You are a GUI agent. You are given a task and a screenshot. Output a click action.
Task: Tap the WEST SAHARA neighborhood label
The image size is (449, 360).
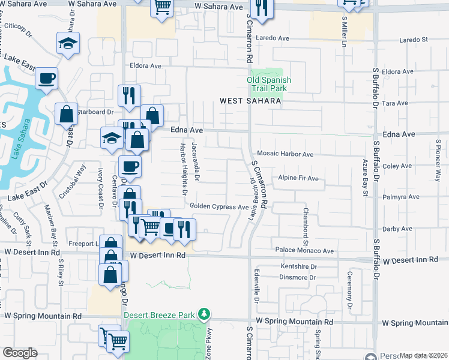point(250,101)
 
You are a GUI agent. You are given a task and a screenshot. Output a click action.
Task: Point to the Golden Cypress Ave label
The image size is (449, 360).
point(219,207)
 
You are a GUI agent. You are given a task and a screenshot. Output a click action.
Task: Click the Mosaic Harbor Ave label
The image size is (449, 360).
point(285,155)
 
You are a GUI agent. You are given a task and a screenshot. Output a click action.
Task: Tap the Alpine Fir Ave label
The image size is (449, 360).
point(298,179)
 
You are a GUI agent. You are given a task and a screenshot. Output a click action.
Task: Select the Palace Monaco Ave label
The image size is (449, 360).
point(304,250)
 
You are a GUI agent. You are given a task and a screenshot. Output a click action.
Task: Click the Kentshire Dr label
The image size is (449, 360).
point(298,266)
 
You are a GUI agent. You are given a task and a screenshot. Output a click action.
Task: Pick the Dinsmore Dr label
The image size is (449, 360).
point(298,277)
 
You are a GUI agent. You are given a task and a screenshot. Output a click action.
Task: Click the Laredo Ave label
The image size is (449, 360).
point(273,38)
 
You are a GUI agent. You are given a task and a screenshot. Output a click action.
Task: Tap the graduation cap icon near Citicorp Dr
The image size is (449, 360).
point(68,43)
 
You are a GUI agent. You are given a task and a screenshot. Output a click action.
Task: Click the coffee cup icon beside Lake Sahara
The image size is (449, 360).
point(46,78)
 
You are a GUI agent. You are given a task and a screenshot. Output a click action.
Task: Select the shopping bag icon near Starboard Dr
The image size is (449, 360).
point(66,113)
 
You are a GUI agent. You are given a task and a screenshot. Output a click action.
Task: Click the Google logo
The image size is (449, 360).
point(20,353)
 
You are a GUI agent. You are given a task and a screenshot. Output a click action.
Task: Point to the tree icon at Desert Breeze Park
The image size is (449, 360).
point(205,314)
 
